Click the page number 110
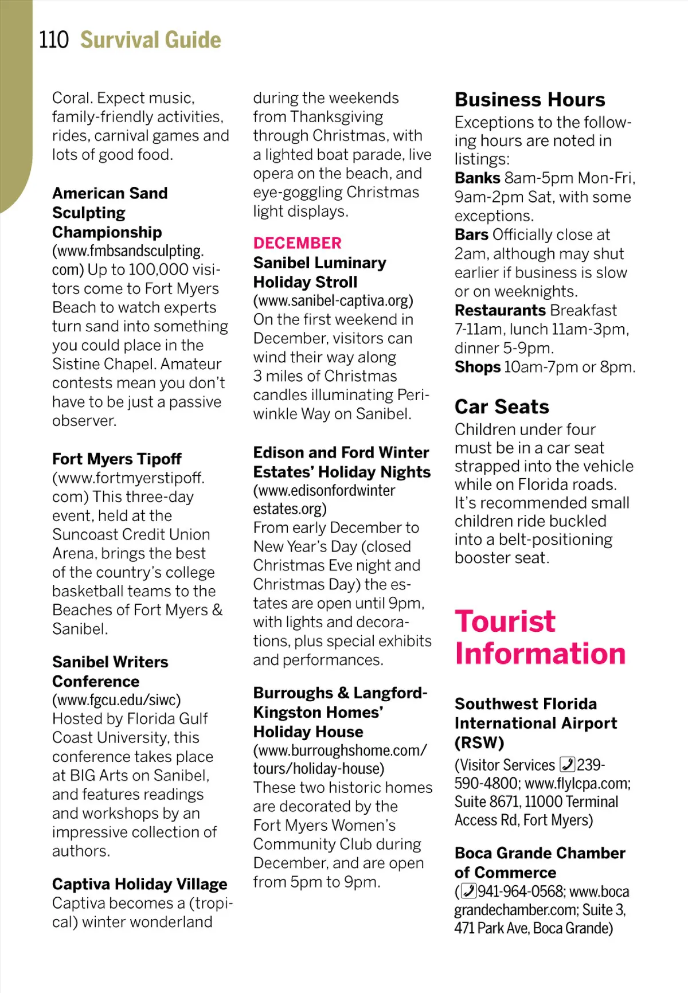tap(53, 40)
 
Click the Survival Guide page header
tap(150, 40)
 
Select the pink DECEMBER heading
tap(297, 243)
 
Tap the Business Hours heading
tap(529, 100)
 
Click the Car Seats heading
tap(502, 406)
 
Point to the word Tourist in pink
tap(505, 621)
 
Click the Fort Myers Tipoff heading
tap(116, 459)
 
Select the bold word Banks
tap(477, 178)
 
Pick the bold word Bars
tap(471, 234)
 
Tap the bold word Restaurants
tap(499, 310)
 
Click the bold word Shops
tap(477, 367)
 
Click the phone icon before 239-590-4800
tap(567, 765)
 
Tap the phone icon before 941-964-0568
tap(468, 892)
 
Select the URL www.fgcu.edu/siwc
tap(116, 700)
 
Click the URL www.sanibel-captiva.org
tap(333, 300)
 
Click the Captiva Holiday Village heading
tap(139, 884)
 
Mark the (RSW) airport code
tap(479, 743)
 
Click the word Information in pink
tap(540, 654)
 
